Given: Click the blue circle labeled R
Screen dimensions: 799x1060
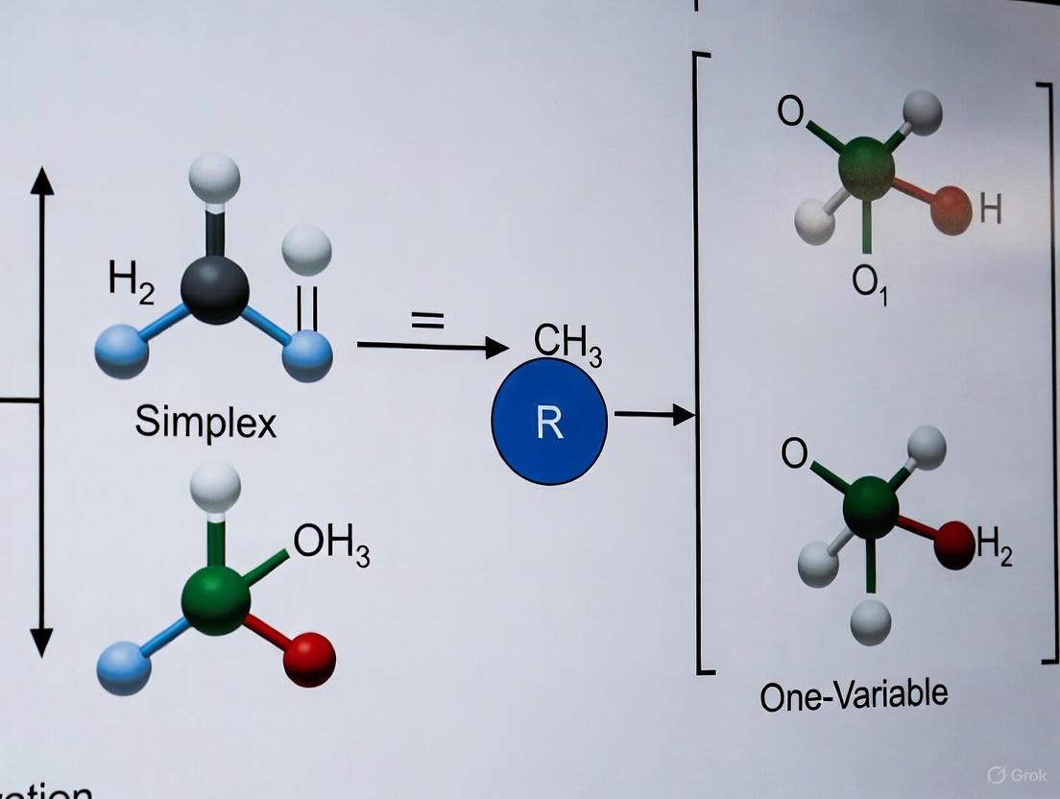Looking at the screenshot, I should pos(549,421).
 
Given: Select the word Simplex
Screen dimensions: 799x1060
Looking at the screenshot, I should pos(205,422).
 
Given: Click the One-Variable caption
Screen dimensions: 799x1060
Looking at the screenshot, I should pos(853,693).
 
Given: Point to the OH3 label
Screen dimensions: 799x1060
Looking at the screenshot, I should pos(331,545).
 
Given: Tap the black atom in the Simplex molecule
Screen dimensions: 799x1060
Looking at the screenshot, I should pos(215,289).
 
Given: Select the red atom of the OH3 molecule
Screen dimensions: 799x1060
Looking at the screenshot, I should pos(310,660).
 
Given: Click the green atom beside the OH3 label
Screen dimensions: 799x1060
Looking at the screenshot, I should pos(215,598).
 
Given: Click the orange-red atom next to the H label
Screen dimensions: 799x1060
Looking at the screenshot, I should pos(952,209).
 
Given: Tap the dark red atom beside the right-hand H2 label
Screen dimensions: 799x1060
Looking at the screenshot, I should pos(954,545).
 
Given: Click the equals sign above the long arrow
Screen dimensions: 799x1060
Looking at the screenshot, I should pos(428,320).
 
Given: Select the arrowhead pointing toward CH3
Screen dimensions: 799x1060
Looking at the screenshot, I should pos(496,347).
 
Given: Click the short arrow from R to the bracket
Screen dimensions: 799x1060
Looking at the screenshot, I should pos(654,414).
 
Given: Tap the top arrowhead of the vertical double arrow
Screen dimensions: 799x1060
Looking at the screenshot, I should pos(41,180).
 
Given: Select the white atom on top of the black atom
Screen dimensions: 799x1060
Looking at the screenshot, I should pos(214,178).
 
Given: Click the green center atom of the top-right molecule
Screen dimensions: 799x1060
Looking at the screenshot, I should pos(866,168).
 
